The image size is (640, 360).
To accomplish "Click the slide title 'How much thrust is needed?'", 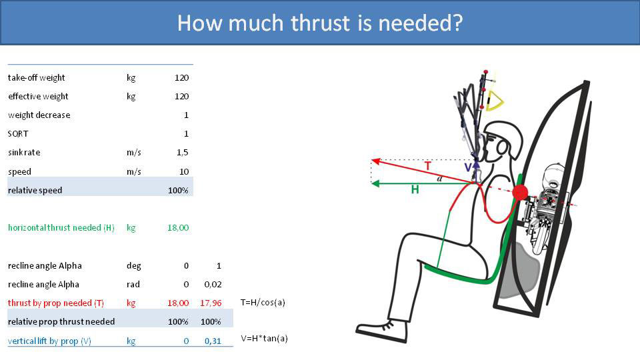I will coord(320,23).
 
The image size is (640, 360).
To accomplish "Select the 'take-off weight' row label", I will coord(37,77).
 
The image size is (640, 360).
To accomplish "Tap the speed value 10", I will coord(184,171).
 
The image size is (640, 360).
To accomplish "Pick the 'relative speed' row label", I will coord(35,190).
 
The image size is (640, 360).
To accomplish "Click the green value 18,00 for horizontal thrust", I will coord(178,227).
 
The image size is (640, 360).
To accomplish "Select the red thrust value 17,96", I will coord(211,303).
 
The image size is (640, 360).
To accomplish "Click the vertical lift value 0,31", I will coord(213,341).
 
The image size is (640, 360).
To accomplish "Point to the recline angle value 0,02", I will coord(213,284).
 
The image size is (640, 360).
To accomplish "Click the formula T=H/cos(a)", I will coord(263,302).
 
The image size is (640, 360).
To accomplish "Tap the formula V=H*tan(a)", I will coord(264,338).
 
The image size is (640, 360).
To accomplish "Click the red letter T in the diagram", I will coord(427,166).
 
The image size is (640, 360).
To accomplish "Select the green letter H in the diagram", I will coord(415,190).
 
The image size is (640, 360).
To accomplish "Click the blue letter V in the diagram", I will coord(468,167).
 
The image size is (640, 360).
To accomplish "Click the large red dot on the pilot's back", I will coord(520,193).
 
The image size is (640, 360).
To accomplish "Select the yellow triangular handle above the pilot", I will coord(495,100).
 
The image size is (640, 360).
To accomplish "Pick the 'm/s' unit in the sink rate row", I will coord(134,153).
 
